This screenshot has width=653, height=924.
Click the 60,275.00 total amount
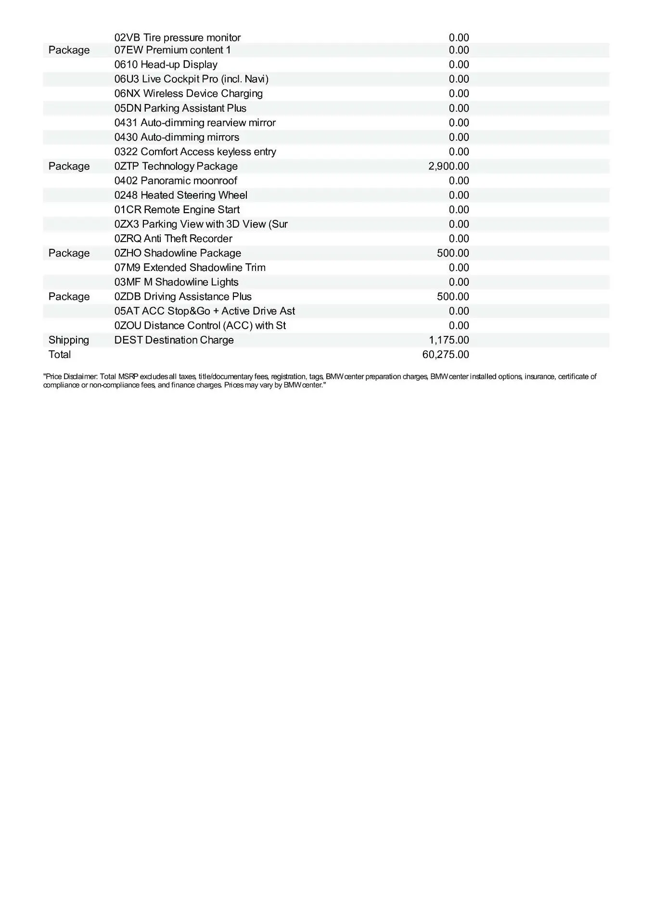coord(445,355)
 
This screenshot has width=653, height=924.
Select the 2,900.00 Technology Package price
coord(448,167)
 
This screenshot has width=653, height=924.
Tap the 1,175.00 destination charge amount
coord(448,340)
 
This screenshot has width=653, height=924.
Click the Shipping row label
coord(69,340)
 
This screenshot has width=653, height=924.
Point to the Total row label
coord(60,355)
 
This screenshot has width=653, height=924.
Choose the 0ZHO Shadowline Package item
coord(178,253)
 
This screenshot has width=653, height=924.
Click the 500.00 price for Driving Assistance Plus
coord(453,296)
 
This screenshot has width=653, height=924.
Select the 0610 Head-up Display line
coord(166,64)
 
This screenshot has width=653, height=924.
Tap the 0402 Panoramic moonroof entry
coord(176,181)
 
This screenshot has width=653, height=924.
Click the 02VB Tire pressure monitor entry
coord(178,38)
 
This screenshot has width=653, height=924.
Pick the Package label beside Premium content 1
coord(69,50)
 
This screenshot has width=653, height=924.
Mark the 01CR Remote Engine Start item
coord(177,210)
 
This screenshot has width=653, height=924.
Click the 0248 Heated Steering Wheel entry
coord(181,195)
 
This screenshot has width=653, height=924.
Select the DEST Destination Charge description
coord(174,340)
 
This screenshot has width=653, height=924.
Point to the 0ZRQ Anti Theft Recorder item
coord(173,239)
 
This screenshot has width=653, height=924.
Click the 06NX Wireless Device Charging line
coord(189,93)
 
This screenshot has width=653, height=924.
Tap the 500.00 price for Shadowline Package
coord(453,253)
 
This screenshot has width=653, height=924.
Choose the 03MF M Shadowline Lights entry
coord(177,282)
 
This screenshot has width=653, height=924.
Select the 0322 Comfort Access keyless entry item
coord(195,152)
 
